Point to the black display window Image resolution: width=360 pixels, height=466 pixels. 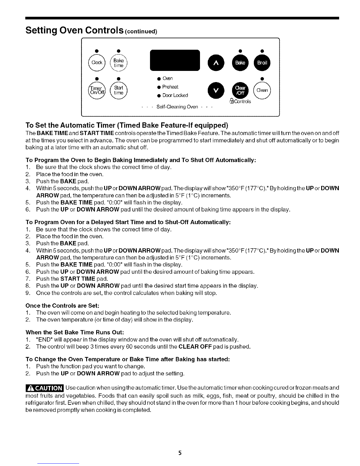tap(175, 60)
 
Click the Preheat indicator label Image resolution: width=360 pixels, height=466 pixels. tap(170, 87)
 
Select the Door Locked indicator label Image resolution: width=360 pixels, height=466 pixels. tap(175, 95)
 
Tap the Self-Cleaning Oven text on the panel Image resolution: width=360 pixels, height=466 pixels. tap(177, 106)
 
